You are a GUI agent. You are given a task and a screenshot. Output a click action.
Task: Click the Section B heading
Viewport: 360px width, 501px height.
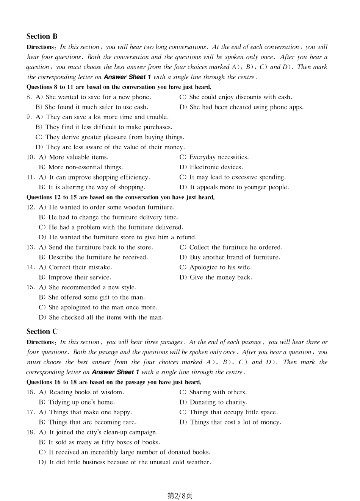[x=42, y=36]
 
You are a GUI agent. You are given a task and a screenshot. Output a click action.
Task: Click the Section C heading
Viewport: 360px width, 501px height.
[x=42, y=331]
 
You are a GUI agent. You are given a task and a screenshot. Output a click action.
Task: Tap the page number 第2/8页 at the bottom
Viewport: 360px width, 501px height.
[x=180, y=495]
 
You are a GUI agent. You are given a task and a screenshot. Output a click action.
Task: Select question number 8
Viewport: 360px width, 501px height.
[x=29, y=97]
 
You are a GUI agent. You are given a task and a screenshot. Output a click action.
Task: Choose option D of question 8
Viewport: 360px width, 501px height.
[x=241, y=107]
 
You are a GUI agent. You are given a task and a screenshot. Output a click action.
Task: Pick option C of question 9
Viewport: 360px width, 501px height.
[x=110, y=137]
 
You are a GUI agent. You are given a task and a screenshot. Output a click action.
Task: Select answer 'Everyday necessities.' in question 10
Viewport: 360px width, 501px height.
[x=214, y=157]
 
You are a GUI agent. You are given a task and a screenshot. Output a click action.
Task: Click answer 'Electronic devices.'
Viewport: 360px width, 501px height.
[x=211, y=167]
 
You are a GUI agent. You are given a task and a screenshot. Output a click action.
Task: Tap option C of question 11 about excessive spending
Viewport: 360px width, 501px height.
[x=233, y=177]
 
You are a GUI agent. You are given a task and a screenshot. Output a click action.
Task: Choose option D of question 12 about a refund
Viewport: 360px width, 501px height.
[x=118, y=237]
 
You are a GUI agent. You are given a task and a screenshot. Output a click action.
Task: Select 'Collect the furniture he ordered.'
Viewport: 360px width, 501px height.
[x=231, y=247]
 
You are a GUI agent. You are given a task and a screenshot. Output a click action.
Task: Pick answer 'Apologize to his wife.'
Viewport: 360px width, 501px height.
[x=215, y=267]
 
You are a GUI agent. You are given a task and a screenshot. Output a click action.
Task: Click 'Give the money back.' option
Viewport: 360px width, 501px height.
[x=216, y=277]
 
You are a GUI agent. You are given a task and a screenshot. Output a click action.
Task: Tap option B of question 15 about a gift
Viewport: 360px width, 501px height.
[x=92, y=297]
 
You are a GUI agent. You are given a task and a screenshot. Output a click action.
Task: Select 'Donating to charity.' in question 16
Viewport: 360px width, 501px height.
[x=213, y=402]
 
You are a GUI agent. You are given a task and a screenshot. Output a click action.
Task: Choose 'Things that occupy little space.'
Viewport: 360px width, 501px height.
[x=229, y=412]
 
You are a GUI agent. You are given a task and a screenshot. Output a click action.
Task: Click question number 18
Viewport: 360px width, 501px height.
[x=30, y=432]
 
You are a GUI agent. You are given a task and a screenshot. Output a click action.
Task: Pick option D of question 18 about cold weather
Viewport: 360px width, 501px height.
[x=125, y=462]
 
